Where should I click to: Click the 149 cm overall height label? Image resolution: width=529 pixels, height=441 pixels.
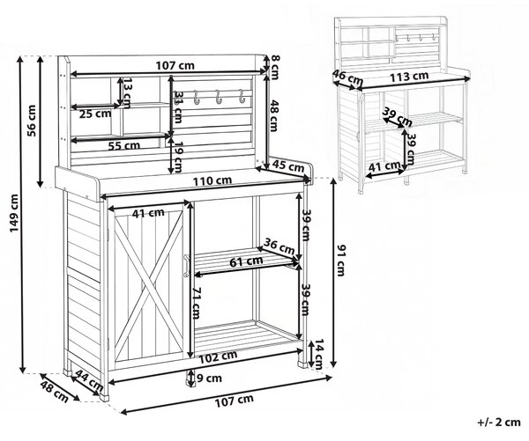click(14, 213)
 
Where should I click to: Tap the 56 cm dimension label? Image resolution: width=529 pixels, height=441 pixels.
click(32, 121)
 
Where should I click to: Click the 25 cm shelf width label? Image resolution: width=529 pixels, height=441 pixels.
click(95, 114)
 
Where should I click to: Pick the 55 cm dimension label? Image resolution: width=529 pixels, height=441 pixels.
click(123, 146)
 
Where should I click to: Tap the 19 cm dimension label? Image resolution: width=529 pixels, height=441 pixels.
click(177, 156)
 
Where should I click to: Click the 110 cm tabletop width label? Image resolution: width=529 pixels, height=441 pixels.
click(212, 181)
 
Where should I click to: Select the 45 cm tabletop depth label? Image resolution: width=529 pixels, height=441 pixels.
click(288, 165)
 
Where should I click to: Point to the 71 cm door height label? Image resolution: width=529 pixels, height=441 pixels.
click(195, 303)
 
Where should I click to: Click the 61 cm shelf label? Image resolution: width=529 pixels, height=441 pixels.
click(246, 261)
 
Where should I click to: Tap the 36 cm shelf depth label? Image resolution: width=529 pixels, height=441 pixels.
click(279, 246)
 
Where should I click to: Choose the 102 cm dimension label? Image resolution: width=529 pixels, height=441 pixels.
click(218, 356)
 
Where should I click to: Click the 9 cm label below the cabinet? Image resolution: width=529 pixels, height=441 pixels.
click(209, 379)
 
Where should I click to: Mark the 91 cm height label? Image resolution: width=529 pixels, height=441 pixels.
click(341, 261)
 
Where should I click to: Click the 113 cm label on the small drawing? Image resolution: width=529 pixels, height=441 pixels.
click(409, 77)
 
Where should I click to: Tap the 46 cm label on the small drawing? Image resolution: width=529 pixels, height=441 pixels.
click(348, 77)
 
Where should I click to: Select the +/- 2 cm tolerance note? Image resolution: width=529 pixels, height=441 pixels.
click(499, 422)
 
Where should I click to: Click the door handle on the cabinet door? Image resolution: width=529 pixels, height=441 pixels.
click(185, 266)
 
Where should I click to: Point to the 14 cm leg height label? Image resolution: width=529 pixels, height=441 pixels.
click(318, 354)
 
